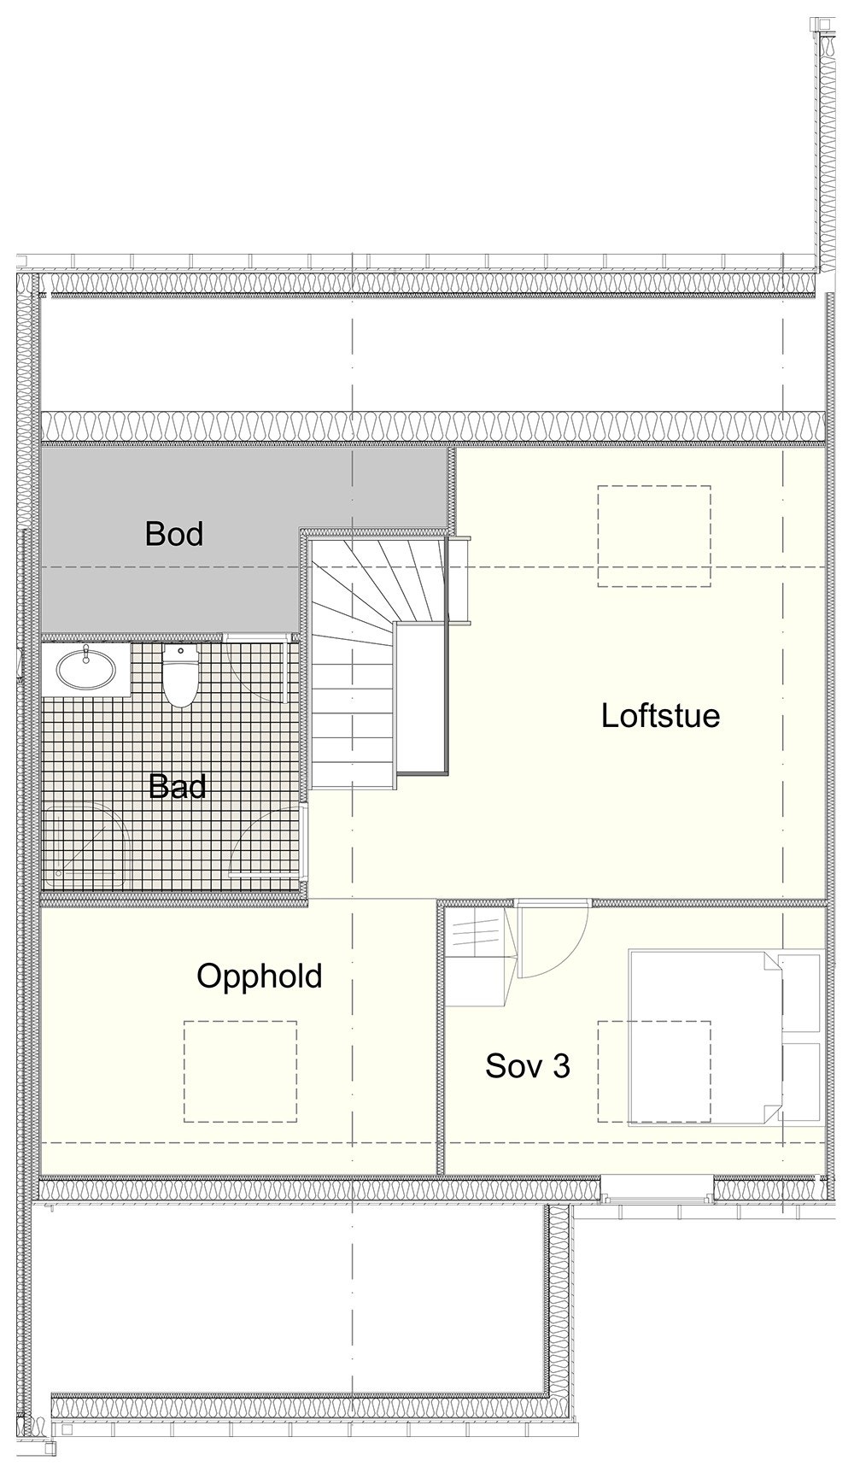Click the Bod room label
[x=174, y=533]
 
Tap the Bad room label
[x=177, y=786]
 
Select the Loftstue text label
[x=660, y=715]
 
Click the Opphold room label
[x=260, y=976]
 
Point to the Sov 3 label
[x=527, y=1065]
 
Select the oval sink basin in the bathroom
[x=85, y=667]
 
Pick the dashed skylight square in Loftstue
[x=654, y=536]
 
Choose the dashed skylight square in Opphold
[x=241, y=1070]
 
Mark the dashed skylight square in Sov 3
[x=654, y=1070]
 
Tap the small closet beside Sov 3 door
[x=478, y=957]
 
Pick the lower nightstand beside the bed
[x=802, y=1082]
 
